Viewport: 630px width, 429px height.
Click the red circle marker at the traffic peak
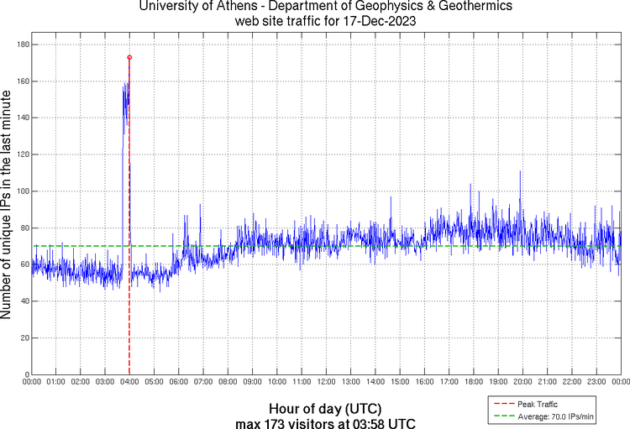[x=129, y=57]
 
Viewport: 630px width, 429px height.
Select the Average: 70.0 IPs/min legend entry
[x=549, y=415]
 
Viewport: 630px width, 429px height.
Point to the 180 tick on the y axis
[x=19, y=44]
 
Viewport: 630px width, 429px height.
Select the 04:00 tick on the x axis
[x=129, y=381]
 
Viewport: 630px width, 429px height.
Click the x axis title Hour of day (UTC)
[x=325, y=409]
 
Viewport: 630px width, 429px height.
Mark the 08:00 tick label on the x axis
[x=228, y=381]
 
